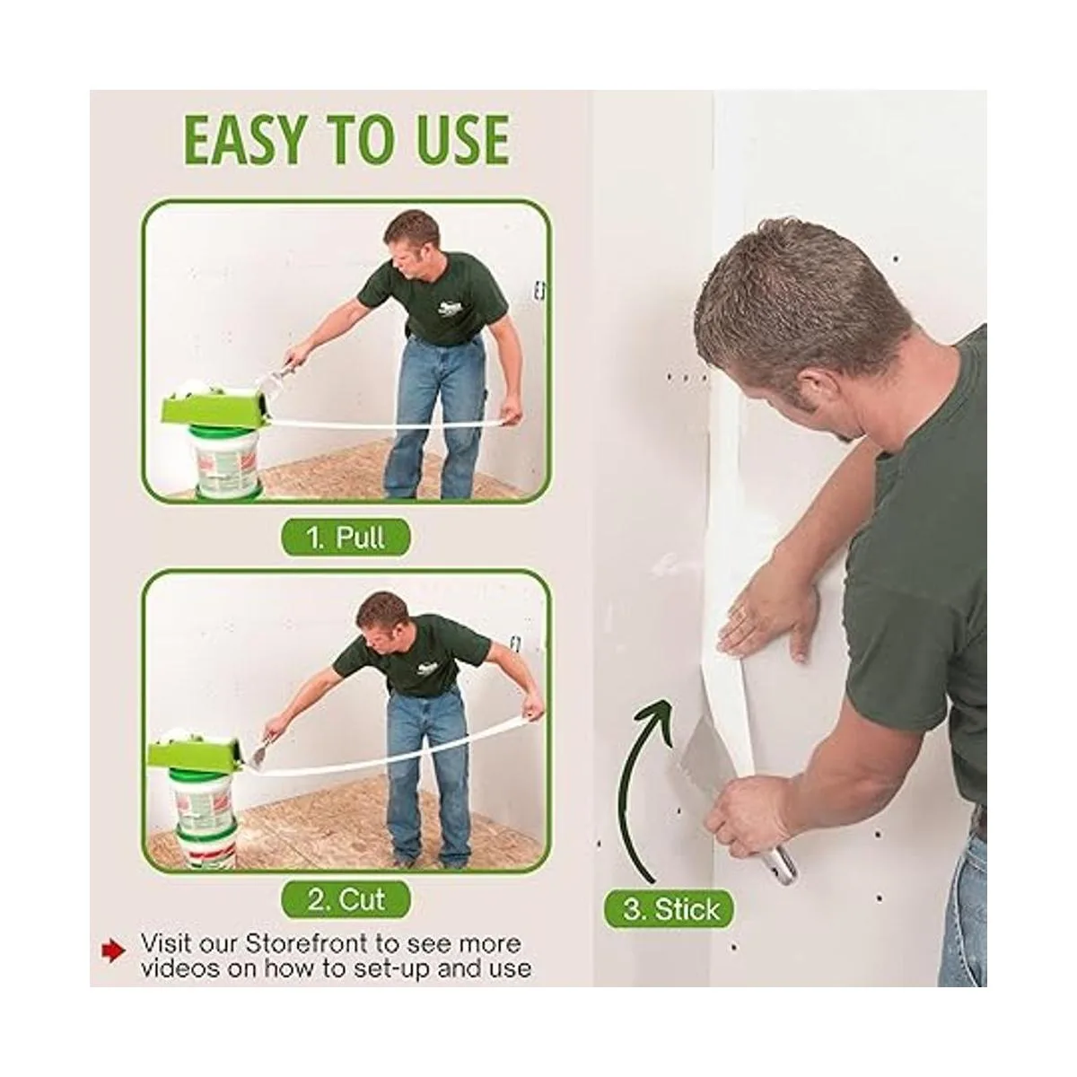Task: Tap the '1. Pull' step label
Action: pos(345,538)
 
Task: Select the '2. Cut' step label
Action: pos(345,900)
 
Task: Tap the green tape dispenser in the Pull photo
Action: pos(215,410)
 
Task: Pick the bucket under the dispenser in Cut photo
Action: pos(206,820)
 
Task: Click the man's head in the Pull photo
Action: pos(411,245)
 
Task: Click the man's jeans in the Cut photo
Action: pos(426,777)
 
